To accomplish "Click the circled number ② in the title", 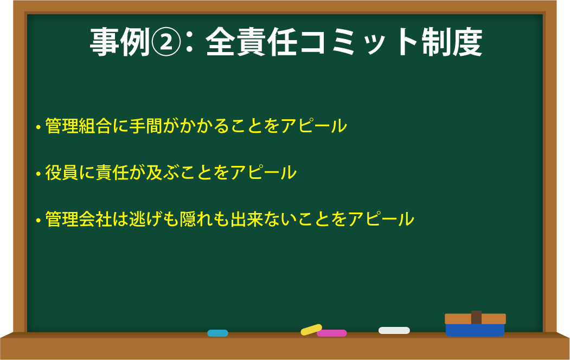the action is (x=165, y=43).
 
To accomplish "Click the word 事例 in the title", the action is (x=120, y=42).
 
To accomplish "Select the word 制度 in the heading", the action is (x=452, y=42).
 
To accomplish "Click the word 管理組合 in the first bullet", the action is (x=78, y=126).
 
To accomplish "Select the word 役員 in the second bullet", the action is (x=61, y=172).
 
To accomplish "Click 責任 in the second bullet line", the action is (x=112, y=172).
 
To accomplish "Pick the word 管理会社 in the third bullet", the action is (x=78, y=219).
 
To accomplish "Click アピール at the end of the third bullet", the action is (x=381, y=219).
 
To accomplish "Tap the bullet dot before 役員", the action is (x=38, y=174).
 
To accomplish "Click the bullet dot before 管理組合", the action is (x=38, y=127).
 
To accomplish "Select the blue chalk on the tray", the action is (x=217, y=333).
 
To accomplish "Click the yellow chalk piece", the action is (x=311, y=330).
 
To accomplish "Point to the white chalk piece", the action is (x=394, y=331).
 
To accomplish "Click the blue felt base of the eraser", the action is (x=475, y=330).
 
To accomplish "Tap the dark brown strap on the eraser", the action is (x=476, y=318).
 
